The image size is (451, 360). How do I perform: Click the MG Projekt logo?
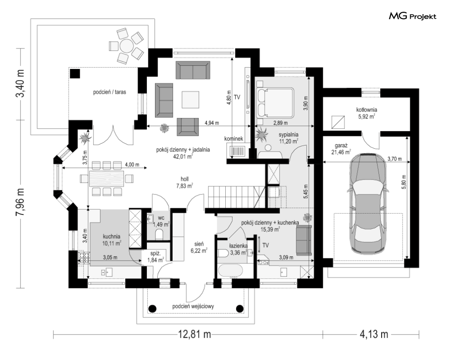(x=412, y=16)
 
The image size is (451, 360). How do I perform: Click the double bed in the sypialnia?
(x=275, y=103)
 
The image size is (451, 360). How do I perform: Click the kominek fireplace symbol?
(x=238, y=151)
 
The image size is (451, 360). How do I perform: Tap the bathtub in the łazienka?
(x=231, y=271)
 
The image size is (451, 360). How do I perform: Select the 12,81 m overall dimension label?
(x=195, y=335)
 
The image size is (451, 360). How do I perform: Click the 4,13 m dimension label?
(x=373, y=335)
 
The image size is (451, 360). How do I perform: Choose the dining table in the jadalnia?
(x=107, y=179)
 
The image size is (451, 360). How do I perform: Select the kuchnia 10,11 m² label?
(x=112, y=240)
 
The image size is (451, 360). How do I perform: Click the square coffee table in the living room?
(x=190, y=100)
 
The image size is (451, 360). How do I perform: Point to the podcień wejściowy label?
(x=193, y=306)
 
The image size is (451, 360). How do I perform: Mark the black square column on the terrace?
(x=75, y=73)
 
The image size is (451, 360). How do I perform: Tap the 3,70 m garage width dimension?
(x=395, y=159)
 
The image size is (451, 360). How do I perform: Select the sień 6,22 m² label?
(x=199, y=248)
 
